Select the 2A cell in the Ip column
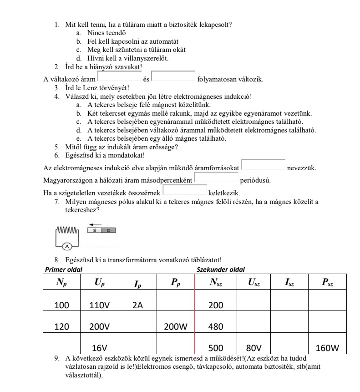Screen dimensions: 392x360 pos(138,305)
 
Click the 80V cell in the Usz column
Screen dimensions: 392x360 pos(254,348)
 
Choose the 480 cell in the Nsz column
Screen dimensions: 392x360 pos(217,326)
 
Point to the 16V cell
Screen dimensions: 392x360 pos(100,348)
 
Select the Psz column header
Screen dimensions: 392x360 pos(327,283)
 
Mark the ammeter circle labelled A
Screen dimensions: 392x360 pos(67,246)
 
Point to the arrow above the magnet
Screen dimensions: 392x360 pos(95,224)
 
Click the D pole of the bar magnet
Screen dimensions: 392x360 pos(109,231)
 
